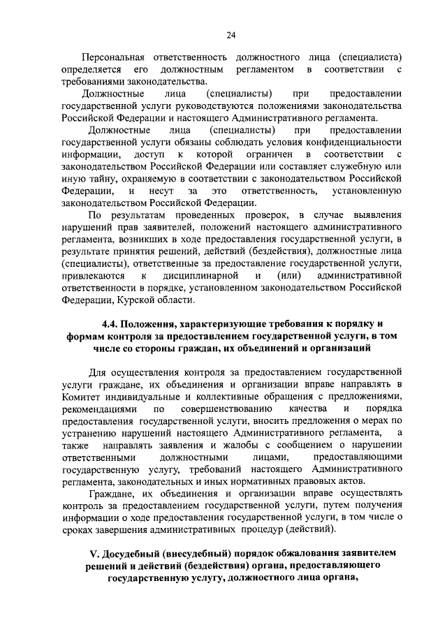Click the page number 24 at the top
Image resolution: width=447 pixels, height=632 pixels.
230,36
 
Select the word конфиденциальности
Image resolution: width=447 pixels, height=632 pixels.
354,142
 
